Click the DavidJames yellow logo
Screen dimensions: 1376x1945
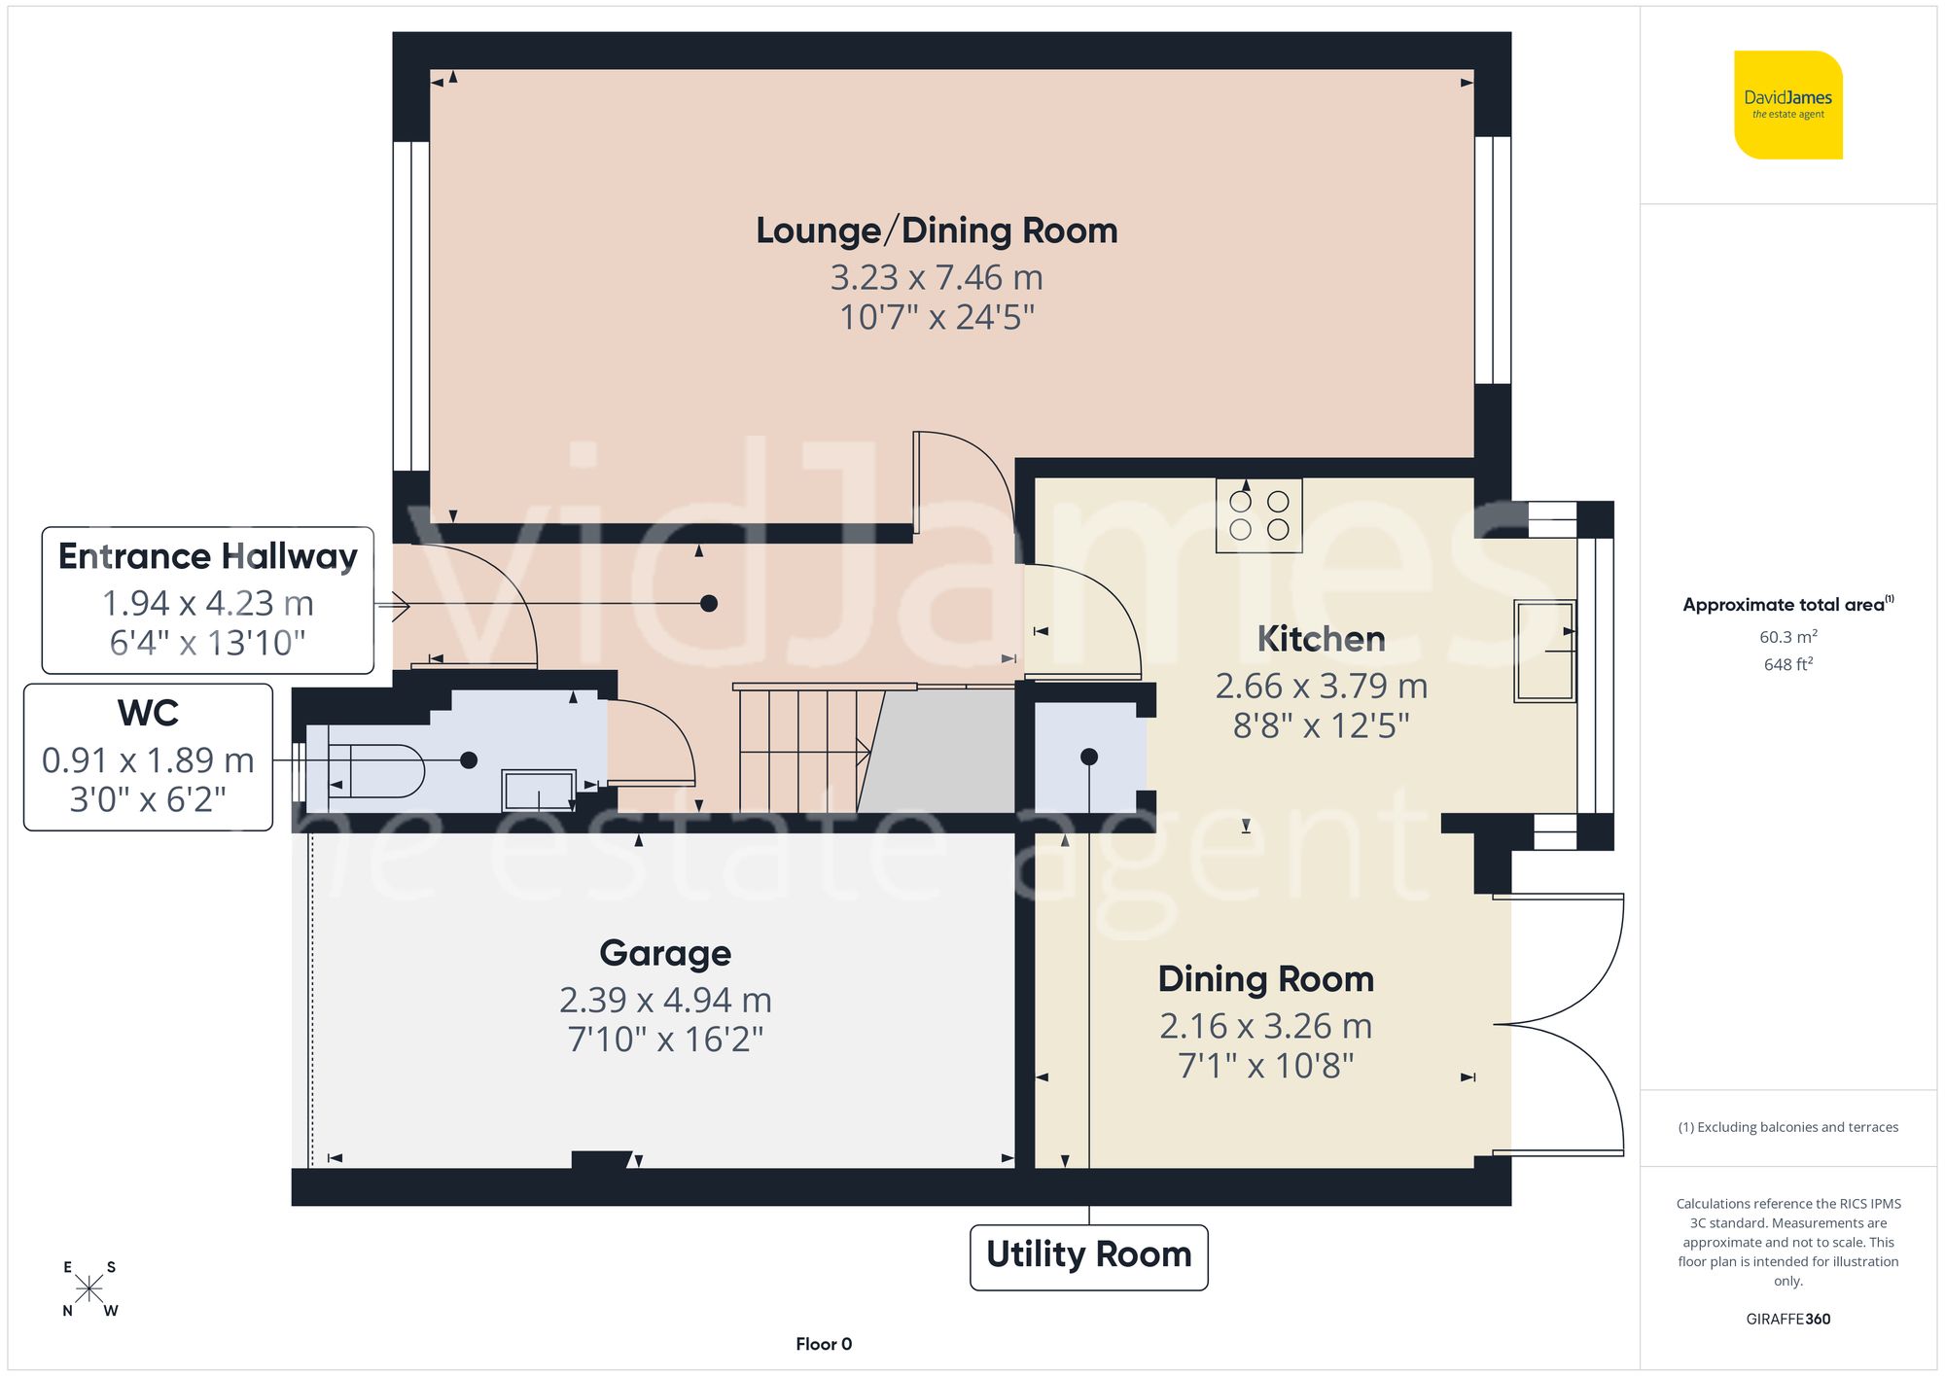pyautogui.click(x=1787, y=105)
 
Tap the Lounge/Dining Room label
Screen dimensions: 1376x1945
pyautogui.click(x=937, y=231)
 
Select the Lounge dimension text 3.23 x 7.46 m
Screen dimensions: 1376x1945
pyautogui.click(x=937, y=278)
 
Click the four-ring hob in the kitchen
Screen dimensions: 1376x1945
pyautogui.click(x=1258, y=515)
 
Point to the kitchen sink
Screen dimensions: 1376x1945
pyautogui.click(x=1543, y=651)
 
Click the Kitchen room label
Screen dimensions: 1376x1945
pyautogui.click(x=1321, y=639)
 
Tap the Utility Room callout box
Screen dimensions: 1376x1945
pyautogui.click(x=1088, y=1255)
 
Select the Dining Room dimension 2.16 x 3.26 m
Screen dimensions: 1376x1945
pyautogui.click(x=1265, y=1027)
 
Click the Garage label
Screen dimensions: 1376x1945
pyautogui.click(x=665, y=953)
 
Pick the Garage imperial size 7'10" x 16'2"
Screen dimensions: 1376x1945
pyautogui.click(x=665, y=1040)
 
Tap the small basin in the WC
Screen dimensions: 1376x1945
pyautogui.click(x=538, y=790)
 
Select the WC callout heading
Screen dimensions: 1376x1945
pyautogui.click(x=148, y=713)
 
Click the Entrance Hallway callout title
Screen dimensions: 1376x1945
pyautogui.click(x=208, y=556)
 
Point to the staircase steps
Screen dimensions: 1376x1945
pyautogui.click(x=797, y=750)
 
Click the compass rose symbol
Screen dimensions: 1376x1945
pyautogui.click(x=88, y=1289)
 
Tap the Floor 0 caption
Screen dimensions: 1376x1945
pyautogui.click(x=823, y=1344)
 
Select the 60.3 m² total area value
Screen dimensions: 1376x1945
pyautogui.click(x=1787, y=637)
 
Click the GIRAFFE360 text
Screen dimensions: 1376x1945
pyautogui.click(x=1787, y=1320)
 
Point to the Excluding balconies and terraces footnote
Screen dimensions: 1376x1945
pyautogui.click(x=1787, y=1127)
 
